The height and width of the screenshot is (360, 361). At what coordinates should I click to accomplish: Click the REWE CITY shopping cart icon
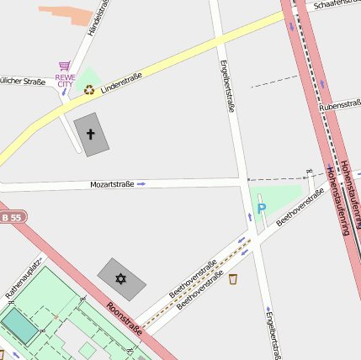tap(64, 66)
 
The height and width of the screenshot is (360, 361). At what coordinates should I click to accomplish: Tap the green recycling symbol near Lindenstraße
tap(88, 89)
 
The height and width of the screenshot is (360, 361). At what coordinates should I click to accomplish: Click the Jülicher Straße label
tap(23, 82)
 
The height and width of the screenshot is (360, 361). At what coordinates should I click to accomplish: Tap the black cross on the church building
tap(91, 134)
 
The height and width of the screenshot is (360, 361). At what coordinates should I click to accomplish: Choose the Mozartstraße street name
tap(112, 183)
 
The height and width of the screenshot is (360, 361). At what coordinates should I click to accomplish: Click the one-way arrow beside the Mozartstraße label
tap(141, 183)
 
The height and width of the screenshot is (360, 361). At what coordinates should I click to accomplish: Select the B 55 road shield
tap(10, 218)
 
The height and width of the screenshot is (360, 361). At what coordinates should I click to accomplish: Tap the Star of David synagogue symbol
tap(120, 278)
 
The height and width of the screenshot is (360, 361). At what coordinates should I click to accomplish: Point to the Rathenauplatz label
tap(24, 278)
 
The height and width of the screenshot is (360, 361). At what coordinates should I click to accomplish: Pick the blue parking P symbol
tap(262, 209)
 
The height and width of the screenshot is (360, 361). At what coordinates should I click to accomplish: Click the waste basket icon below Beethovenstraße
tap(233, 278)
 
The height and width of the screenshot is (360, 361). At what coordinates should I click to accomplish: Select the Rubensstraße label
tap(339, 107)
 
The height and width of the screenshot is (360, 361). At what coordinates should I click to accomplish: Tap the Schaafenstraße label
tap(335, 5)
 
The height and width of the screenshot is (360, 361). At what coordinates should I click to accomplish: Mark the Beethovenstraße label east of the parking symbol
tap(300, 207)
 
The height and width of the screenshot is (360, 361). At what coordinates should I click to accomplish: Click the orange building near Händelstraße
tap(67, 14)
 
